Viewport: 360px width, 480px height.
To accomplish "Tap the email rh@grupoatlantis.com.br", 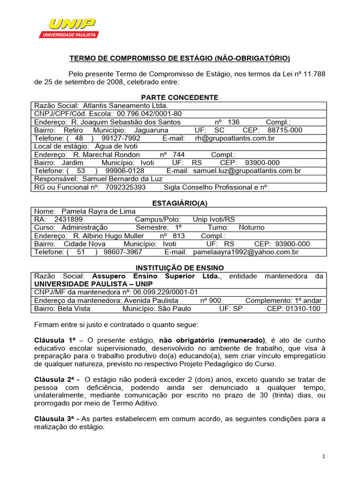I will click(234, 138).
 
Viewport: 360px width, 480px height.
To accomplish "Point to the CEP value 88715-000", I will click(285, 130).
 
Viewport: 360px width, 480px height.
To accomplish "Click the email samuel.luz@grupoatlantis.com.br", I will click(247, 171).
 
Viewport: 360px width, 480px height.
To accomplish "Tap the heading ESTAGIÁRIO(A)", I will click(180, 203).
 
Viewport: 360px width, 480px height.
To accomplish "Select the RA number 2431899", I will click(68, 219).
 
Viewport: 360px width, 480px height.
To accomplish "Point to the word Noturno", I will click(252, 227).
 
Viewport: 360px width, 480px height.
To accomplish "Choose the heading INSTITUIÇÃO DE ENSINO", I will click(180, 267).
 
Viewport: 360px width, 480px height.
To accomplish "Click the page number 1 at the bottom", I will click(324, 457).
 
